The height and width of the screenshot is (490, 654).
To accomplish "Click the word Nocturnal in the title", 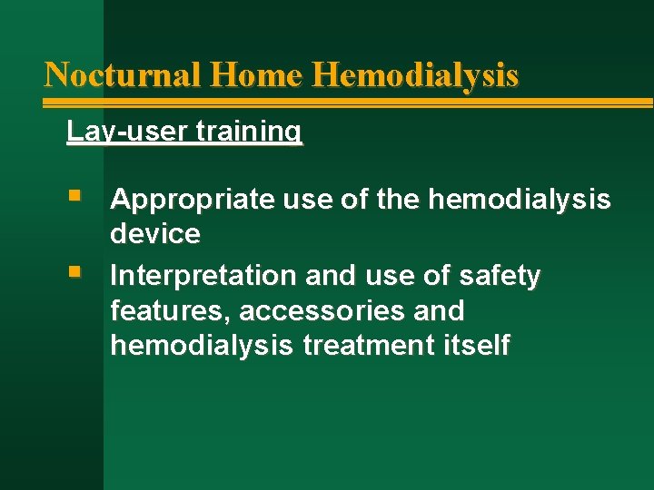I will click(124, 73).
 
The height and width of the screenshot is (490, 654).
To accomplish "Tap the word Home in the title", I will click(256, 73).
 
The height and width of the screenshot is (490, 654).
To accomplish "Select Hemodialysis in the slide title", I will click(415, 73).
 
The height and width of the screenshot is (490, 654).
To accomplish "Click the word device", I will click(155, 234).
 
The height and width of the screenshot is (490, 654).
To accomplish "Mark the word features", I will click(170, 311).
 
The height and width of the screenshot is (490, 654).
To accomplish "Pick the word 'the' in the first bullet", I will click(397, 199).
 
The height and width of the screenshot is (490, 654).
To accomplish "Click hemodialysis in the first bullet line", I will click(520, 199).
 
